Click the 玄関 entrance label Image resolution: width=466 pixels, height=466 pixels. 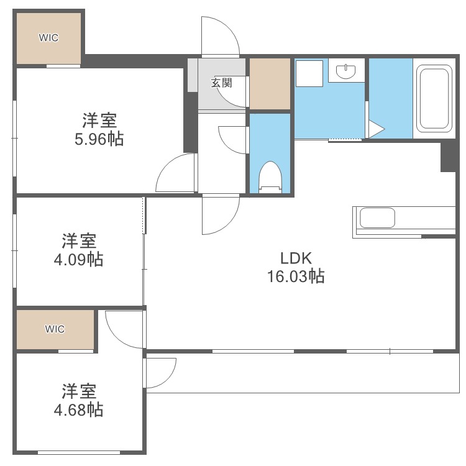pos(221,83)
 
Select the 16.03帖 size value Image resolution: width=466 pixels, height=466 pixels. pos(295,276)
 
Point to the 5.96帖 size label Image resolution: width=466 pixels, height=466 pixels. pos(99,139)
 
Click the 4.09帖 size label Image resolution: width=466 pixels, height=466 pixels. pos(78,259)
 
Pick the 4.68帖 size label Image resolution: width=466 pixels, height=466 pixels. pos(78,409)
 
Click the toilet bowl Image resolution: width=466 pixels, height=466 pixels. pos(270,175)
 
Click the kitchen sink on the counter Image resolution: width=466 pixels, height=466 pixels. pos(377,219)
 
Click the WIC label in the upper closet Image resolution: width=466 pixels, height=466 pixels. pos(48,38)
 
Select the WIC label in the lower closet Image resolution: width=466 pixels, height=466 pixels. pos(55,329)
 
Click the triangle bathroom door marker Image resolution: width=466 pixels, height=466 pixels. pos(375,129)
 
